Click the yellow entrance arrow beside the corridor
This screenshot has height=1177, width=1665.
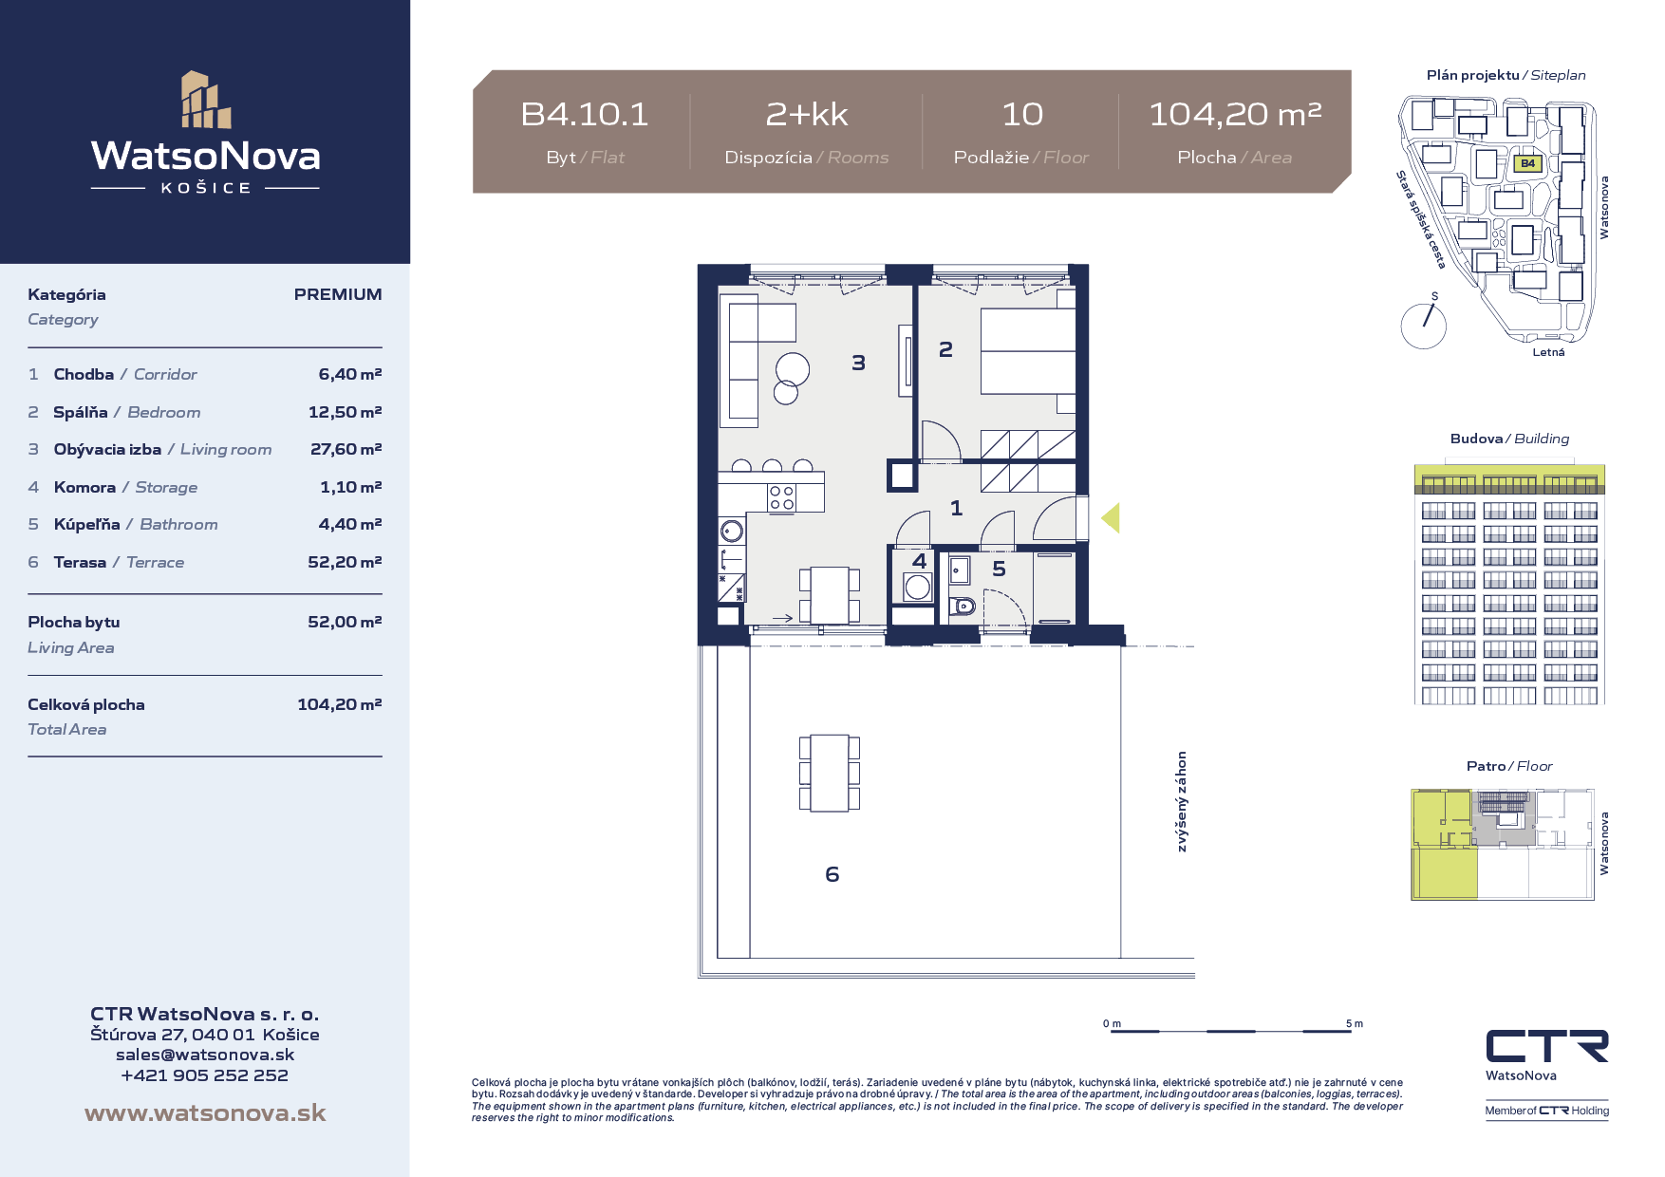(x=1111, y=517)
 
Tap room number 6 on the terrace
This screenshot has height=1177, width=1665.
(x=832, y=874)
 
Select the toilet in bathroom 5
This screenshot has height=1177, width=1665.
(x=963, y=605)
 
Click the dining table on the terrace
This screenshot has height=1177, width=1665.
(x=829, y=773)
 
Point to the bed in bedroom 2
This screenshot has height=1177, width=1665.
(x=1028, y=351)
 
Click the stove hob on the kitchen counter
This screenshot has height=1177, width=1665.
(x=781, y=497)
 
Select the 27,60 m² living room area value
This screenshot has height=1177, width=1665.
(x=346, y=449)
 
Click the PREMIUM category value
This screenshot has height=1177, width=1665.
(x=338, y=294)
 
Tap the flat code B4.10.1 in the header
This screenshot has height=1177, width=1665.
(x=585, y=114)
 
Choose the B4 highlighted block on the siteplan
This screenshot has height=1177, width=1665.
(x=1527, y=163)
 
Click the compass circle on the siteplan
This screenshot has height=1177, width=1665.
(x=1424, y=326)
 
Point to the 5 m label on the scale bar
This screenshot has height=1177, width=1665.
(x=1355, y=1023)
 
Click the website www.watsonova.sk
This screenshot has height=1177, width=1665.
(x=205, y=1112)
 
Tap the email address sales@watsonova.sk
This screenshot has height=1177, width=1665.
(x=205, y=1055)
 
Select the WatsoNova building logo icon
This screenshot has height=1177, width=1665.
(x=206, y=99)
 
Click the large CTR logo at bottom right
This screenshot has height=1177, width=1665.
(x=1547, y=1046)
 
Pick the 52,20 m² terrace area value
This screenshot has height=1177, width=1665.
(x=345, y=562)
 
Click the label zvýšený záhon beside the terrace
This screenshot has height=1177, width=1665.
(x=1182, y=802)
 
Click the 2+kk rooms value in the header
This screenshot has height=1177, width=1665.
(x=807, y=114)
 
